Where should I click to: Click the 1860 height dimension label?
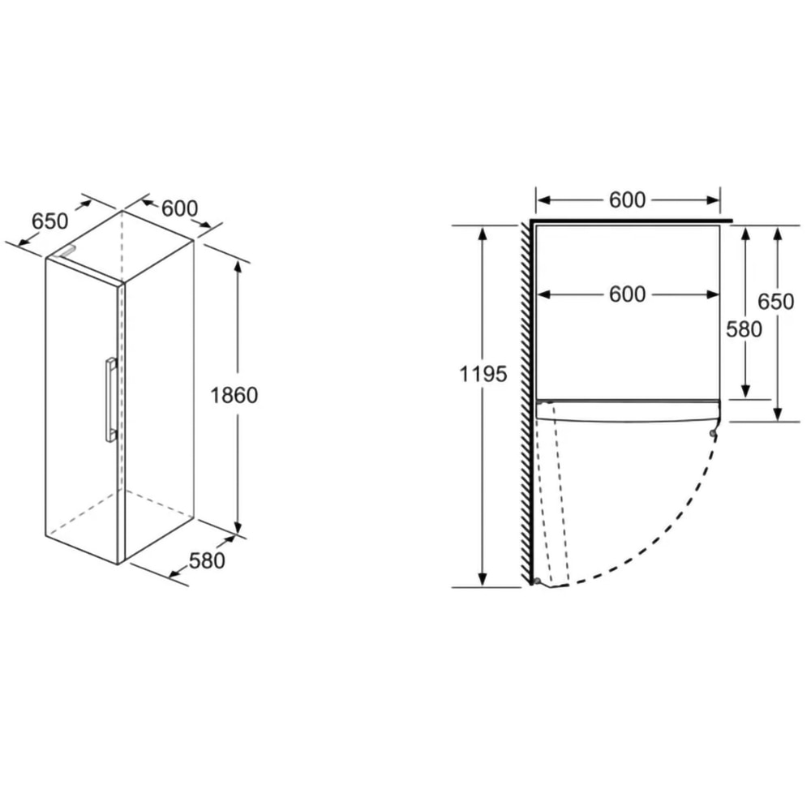click(234, 396)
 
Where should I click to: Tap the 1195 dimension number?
click(483, 373)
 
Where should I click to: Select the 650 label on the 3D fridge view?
click(49, 221)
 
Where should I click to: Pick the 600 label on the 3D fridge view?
click(179, 208)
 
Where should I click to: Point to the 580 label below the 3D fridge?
click(207, 560)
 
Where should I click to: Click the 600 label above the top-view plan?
click(628, 200)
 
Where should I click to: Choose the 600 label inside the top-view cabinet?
click(628, 294)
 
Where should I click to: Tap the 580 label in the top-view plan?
click(744, 329)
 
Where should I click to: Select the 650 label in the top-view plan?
click(776, 302)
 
